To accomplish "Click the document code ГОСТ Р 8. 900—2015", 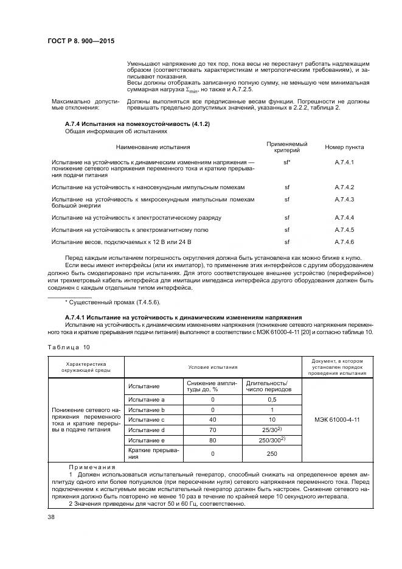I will (x=81, y=41).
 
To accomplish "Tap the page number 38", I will (x=51, y=518).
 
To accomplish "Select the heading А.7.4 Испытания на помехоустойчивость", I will (x=137, y=124).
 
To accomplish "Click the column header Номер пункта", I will (x=344, y=147).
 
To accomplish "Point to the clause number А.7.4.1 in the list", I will (x=344, y=162).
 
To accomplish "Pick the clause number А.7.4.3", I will (x=344, y=200).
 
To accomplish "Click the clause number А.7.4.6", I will (x=344, y=242).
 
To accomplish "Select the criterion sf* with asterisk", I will (x=287, y=162).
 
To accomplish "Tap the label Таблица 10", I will (x=68, y=347).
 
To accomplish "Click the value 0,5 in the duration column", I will (x=272, y=399).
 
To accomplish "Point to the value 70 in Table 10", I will (x=213, y=430).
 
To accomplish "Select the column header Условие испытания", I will (x=213, y=367).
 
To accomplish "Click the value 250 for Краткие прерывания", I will (x=272, y=453).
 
